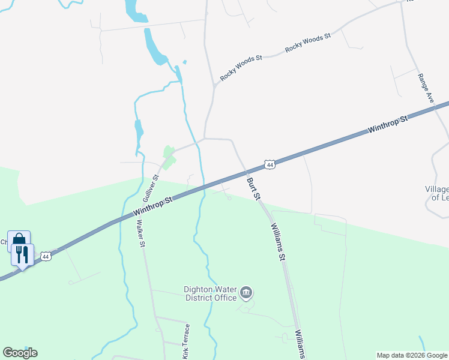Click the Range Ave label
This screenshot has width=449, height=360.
point(426,88)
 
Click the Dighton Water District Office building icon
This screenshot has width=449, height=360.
point(246,293)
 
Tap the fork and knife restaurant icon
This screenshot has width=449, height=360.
point(22,254)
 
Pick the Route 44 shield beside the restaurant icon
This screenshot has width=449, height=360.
point(45,256)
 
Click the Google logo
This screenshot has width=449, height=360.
point(20,353)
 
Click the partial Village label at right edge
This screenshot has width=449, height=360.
point(437,193)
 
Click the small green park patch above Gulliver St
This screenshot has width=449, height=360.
point(169,157)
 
